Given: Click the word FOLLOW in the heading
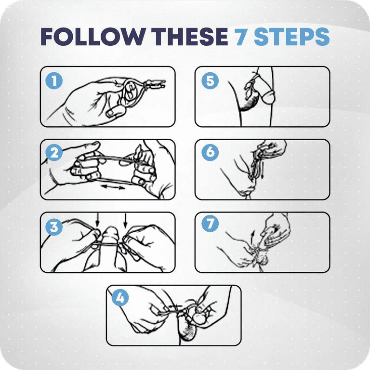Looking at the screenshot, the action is click(93, 36).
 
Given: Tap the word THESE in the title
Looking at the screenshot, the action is click(189, 36).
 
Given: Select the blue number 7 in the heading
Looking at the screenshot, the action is click(241, 36).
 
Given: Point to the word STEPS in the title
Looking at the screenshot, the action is click(292, 36).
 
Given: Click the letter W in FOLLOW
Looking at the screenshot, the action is click(133, 36).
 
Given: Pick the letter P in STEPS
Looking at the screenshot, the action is click(306, 36).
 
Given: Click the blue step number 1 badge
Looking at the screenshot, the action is click(54, 81).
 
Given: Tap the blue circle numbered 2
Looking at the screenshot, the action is click(54, 152).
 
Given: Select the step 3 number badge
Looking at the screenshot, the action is click(54, 227).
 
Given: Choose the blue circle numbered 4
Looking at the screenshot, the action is click(120, 298).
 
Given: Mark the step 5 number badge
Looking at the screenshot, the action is click(210, 81).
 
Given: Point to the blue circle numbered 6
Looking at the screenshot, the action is click(210, 152).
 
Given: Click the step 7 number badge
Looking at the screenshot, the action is click(210, 224).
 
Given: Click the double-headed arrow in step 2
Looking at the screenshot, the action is click(113, 187).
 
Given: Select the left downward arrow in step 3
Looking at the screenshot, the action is click(97, 220).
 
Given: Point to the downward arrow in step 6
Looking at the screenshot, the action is click(262, 169).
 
